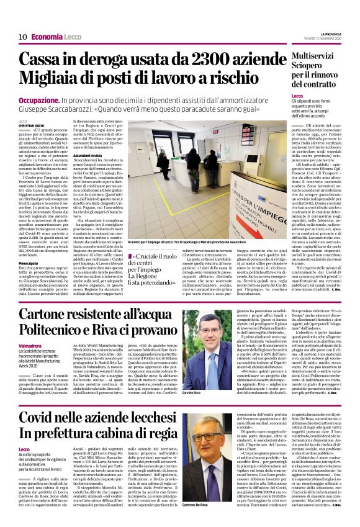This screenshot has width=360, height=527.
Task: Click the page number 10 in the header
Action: [x=21, y=37]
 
